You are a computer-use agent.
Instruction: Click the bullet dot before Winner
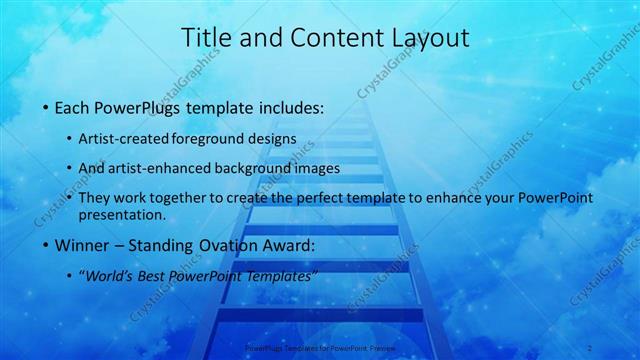coord(47,245)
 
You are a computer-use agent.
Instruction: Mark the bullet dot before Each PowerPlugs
coord(47,107)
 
